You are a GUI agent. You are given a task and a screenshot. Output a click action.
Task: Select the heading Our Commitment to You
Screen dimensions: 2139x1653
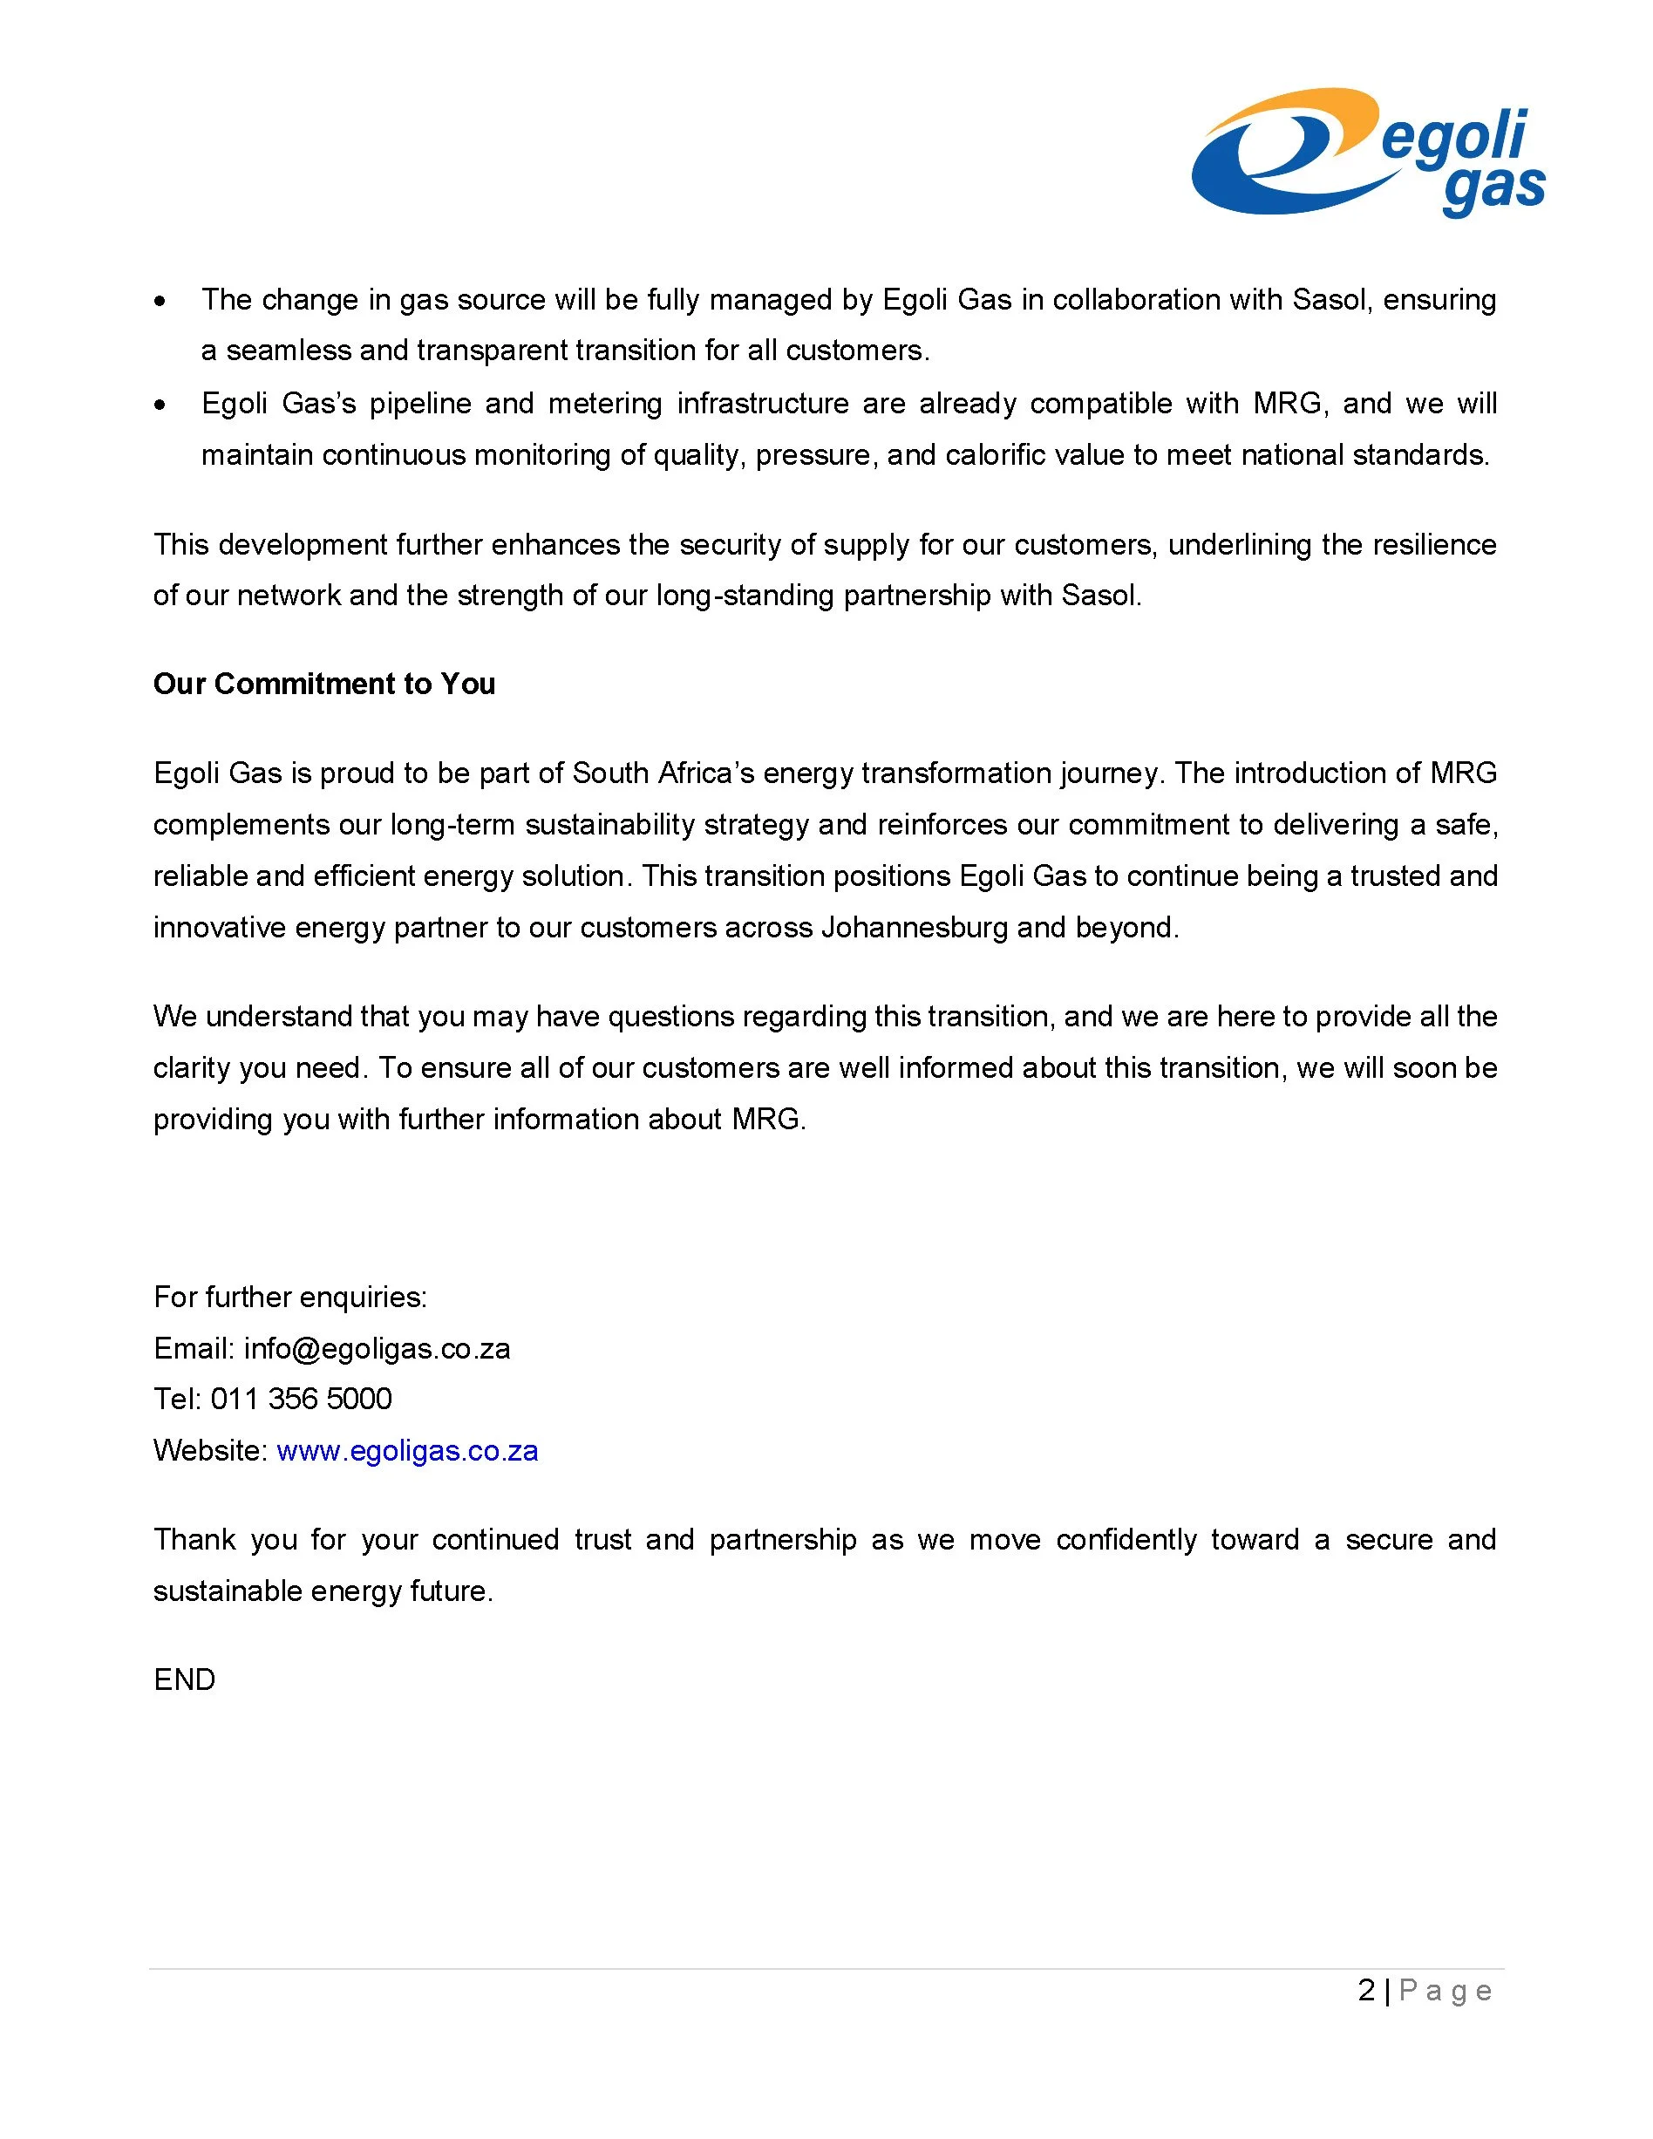[324, 684]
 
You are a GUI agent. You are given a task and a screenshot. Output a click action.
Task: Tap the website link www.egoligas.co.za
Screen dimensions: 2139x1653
[407, 1450]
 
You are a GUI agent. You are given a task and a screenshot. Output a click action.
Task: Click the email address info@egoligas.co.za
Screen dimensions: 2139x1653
[377, 1349]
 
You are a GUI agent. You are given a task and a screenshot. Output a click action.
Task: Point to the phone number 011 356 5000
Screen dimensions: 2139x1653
[302, 1399]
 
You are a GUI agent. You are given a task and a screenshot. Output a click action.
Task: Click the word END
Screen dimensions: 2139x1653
[184, 1679]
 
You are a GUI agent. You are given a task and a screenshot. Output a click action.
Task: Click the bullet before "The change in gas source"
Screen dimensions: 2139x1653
[160, 301]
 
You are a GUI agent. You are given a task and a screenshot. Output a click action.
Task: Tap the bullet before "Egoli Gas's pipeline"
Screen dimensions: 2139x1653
[160, 405]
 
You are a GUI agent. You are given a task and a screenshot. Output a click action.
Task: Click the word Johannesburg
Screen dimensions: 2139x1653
[914, 927]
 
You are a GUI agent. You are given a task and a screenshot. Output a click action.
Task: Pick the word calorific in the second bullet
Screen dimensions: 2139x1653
[1002, 455]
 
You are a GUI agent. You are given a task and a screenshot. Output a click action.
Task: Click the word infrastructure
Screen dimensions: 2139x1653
[763, 404]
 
